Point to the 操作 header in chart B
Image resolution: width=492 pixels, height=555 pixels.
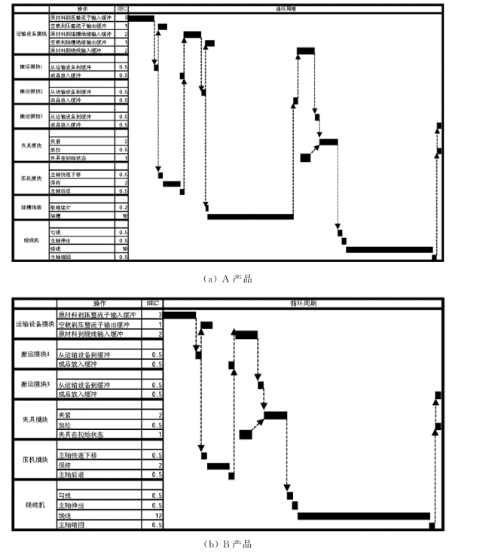click(x=100, y=303)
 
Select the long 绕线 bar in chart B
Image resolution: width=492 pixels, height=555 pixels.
click(x=363, y=516)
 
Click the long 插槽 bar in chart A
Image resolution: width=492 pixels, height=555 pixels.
click(x=250, y=217)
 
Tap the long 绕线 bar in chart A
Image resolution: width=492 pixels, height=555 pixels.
click(x=389, y=249)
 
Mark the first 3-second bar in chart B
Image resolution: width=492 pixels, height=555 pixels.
click(x=179, y=314)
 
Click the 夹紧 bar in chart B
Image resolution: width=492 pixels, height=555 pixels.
click(x=275, y=415)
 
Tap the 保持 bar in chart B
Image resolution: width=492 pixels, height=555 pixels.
click(x=218, y=466)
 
